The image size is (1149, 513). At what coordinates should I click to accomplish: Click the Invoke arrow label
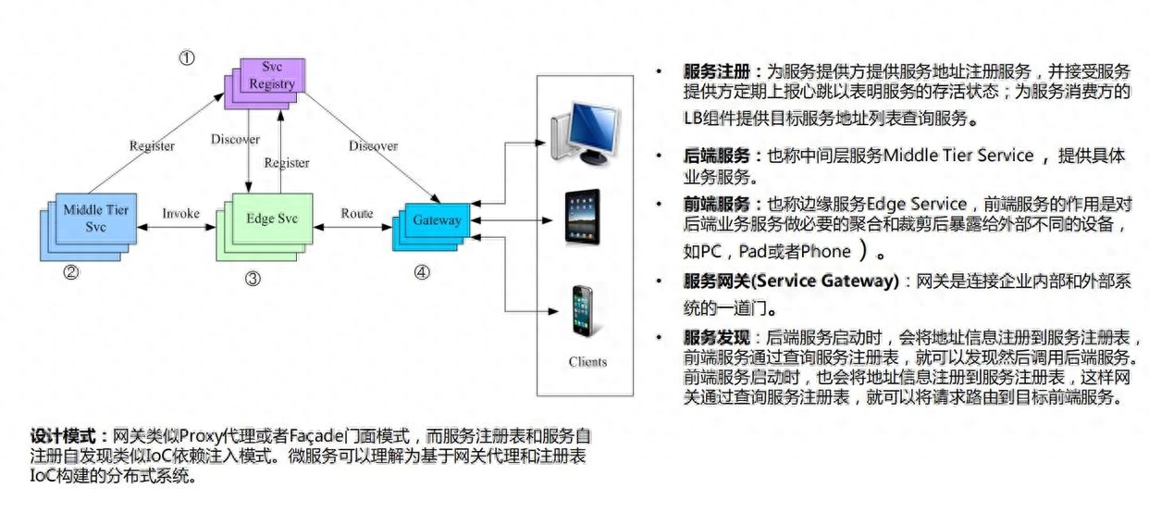tap(180, 214)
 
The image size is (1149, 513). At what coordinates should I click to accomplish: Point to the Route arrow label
tap(357, 214)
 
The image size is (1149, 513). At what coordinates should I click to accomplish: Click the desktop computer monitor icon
tap(586, 133)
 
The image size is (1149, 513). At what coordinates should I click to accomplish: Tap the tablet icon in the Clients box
tap(583, 218)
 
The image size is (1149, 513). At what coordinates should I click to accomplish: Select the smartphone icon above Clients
tap(583, 311)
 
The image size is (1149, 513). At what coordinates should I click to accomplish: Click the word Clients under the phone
tap(587, 362)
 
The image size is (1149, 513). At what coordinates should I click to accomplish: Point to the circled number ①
tap(187, 57)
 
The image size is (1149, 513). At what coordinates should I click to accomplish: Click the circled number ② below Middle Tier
tap(71, 271)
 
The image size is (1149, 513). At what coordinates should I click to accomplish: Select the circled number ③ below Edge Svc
tap(253, 279)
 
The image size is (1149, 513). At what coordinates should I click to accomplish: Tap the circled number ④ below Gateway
tap(422, 272)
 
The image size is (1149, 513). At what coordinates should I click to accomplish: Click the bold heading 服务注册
tap(717, 71)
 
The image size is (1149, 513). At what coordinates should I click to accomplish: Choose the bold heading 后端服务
tap(717, 156)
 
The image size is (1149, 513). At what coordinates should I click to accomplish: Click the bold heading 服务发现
tap(717, 338)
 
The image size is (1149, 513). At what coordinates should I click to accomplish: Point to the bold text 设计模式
tap(63, 436)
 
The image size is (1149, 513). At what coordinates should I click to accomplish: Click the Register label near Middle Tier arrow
tap(152, 146)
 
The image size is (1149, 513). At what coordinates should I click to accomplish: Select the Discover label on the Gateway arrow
tap(373, 146)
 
